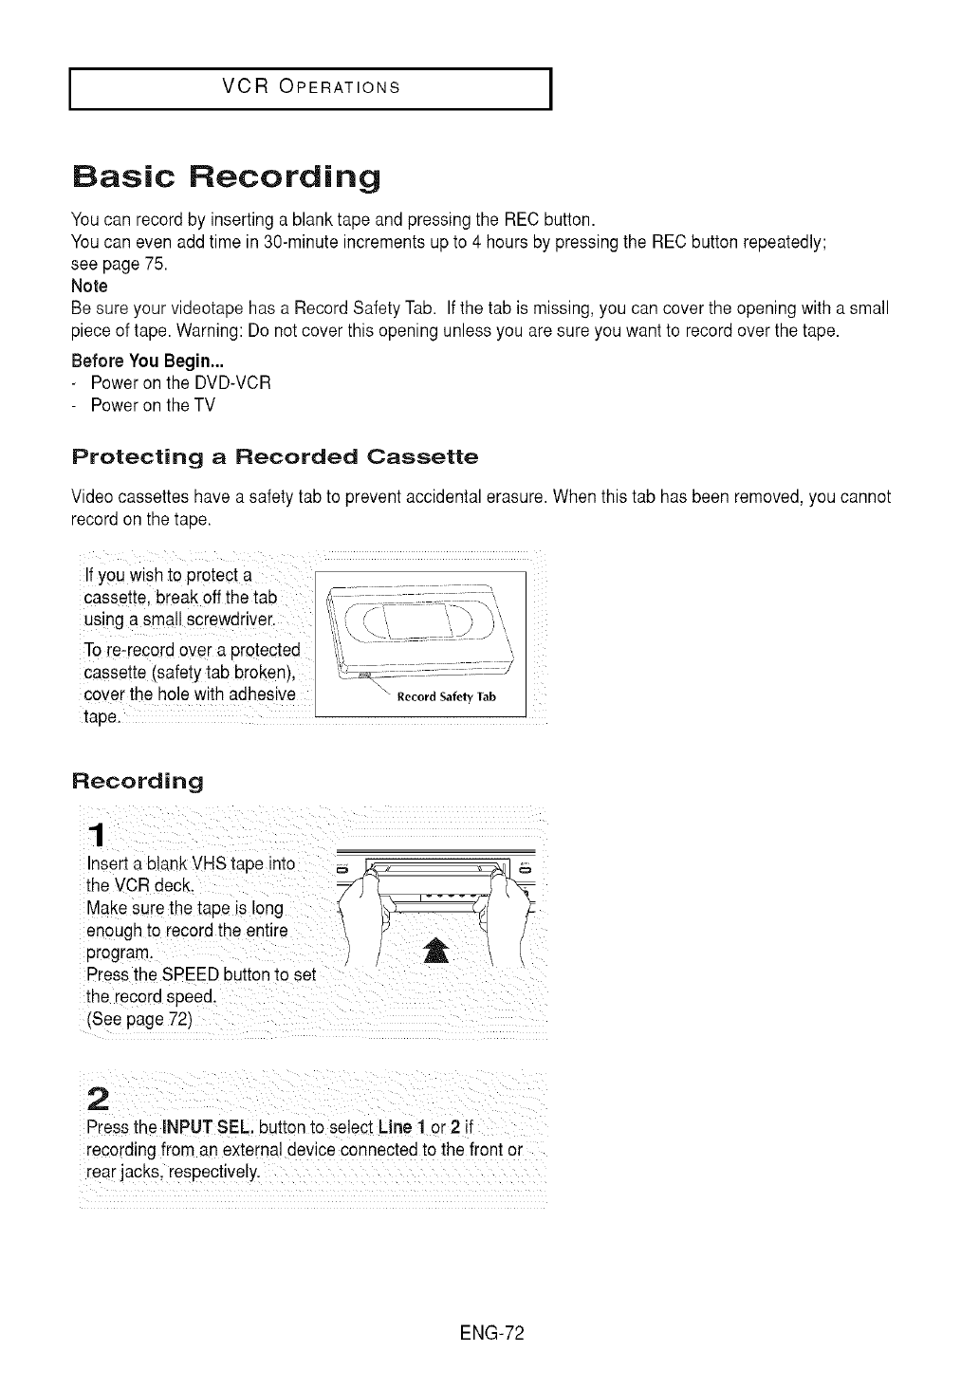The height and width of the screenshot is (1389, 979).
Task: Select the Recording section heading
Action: click(138, 782)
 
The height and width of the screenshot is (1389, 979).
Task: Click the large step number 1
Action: click(95, 834)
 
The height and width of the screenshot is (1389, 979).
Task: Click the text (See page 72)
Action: click(139, 1020)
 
